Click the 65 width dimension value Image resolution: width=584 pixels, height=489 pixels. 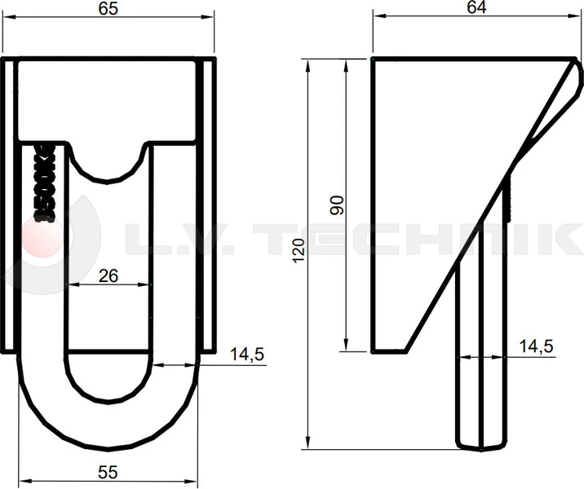109,10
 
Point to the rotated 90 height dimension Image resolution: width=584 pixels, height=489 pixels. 336,205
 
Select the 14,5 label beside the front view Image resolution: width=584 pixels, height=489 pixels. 248,355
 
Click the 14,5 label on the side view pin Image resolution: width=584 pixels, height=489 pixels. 536,346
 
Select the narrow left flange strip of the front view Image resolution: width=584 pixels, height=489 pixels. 9,204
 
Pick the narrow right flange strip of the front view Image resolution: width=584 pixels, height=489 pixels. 210,204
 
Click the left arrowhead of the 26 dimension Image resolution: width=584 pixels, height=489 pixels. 71,284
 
